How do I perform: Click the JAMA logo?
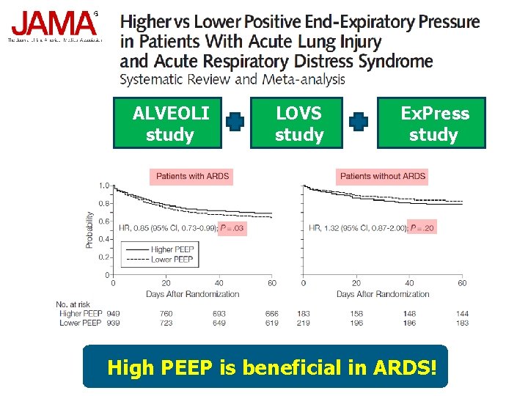pyautogui.click(x=53, y=25)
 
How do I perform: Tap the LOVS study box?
pyautogui.click(x=299, y=123)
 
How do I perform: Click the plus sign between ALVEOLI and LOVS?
pyautogui.click(x=235, y=122)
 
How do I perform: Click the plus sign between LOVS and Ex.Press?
pyautogui.click(x=358, y=122)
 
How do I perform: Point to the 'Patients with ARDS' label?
pyautogui.click(x=192, y=176)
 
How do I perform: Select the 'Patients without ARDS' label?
pyautogui.click(x=383, y=176)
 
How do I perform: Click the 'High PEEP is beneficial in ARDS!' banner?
pyautogui.click(x=265, y=366)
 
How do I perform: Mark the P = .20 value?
pyautogui.click(x=422, y=229)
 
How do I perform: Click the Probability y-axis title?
pyautogui.click(x=90, y=230)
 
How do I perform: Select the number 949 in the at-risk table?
pyautogui.click(x=113, y=314)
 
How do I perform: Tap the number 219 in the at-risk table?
pyautogui.click(x=303, y=323)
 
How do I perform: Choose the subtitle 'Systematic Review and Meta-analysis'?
pyautogui.click(x=232, y=79)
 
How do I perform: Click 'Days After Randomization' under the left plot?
pyautogui.click(x=192, y=294)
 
